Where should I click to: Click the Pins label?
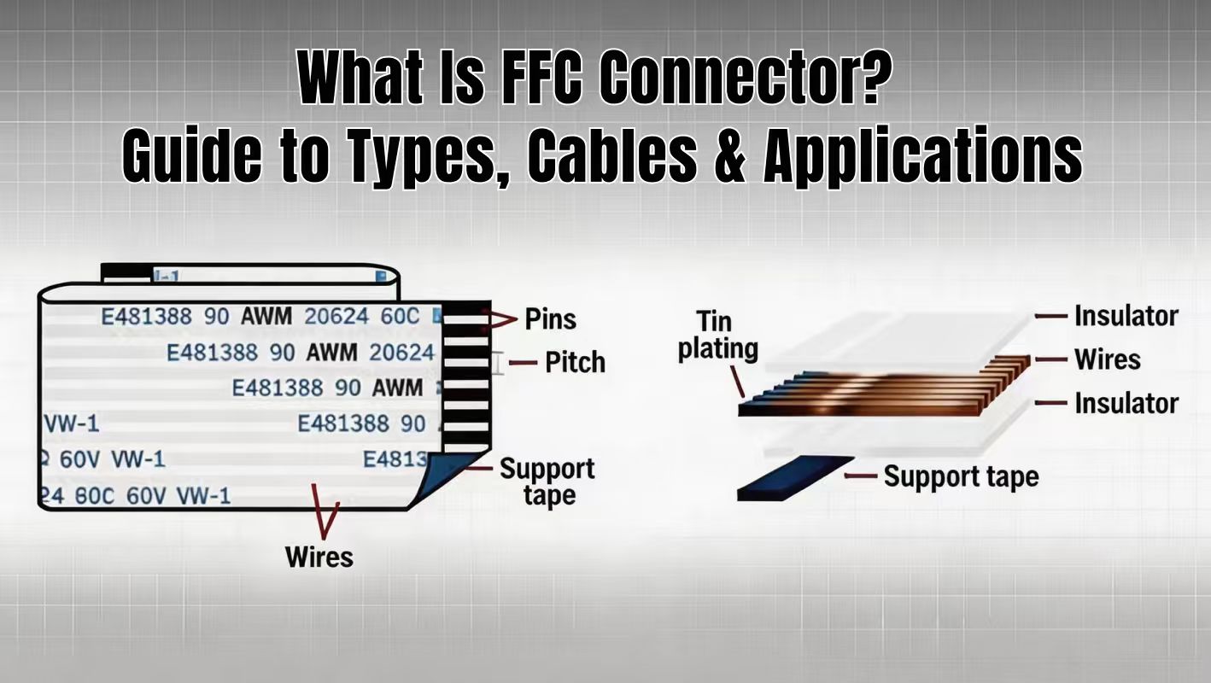[x=550, y=319]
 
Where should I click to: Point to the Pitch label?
[x=575, y=362]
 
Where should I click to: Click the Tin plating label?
[x=717, y=335]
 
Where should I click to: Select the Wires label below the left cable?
[x=319, y=557]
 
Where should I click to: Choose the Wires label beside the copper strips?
[x=1107, y=359]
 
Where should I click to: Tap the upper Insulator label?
[x=1126, y=316]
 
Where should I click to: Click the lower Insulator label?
[x=1126, y=403]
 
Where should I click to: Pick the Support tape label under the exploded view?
[x=960, y=476]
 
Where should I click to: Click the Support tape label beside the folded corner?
[x=547, y=482]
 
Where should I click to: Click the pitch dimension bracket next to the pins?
[x=499, y=364]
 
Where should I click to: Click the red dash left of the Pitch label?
[x=528, y=362]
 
